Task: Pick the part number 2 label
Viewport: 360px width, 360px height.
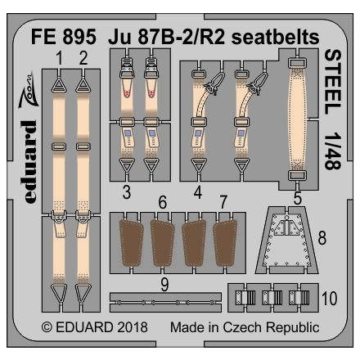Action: click(x=83, y=58)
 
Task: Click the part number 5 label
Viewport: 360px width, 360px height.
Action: click(x=296, y=196)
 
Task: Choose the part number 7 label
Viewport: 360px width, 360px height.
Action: click(x=223, y=202)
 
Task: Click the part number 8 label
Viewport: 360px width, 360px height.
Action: click(x=322, y=216)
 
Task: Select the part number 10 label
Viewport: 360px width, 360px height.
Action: click(x=328, y=299)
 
